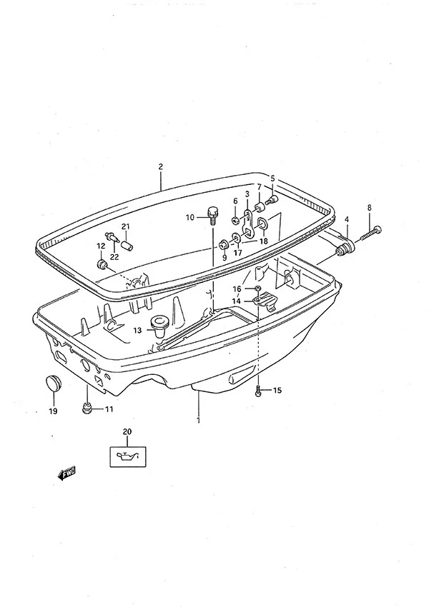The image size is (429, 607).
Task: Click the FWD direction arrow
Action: (x=66, y=473)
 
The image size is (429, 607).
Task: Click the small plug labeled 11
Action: (x=87, y=408)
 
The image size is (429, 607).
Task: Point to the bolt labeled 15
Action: (x=259, y=391)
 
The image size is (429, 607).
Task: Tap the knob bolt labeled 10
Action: (x=212, y=215)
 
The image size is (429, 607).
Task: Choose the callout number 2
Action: (x=160, y=167)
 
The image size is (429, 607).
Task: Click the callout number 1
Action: (x=199, y=420)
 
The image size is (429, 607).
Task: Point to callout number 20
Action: (x=127, y=431)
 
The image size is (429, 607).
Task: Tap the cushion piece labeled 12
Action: (x=102, y=265)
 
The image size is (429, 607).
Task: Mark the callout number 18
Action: (x=264, y=241)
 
